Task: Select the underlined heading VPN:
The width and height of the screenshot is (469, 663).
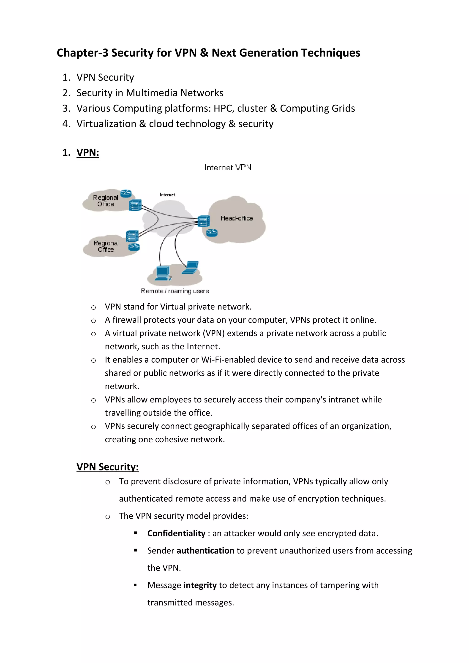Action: click(88, 152)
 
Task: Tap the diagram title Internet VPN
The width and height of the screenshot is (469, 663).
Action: click(228, 168)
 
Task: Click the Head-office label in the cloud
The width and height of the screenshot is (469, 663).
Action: click(237, 218)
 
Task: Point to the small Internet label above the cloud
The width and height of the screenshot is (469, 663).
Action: click(167, 195)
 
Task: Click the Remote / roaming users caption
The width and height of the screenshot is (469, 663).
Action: click(175, 291)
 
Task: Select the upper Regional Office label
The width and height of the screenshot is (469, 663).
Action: click(105, 201)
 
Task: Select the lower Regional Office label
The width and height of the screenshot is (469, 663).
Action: click(106, 246)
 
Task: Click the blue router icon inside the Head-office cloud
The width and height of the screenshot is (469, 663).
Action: click(212, 233)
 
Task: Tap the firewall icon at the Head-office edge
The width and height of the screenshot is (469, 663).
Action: click(204, 221)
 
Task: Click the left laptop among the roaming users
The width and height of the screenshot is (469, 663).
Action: click(163, 273)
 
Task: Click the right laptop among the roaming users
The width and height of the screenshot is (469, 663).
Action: click(191, 267)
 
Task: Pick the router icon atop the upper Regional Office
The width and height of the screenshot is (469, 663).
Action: click(126, 193)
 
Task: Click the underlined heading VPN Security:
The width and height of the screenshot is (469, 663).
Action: click(107, 467)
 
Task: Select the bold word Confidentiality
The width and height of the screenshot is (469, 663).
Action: click(176, 533)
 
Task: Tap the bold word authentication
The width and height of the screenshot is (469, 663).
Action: click(205, 551)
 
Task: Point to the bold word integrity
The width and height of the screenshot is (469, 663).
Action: click(200, 585)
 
